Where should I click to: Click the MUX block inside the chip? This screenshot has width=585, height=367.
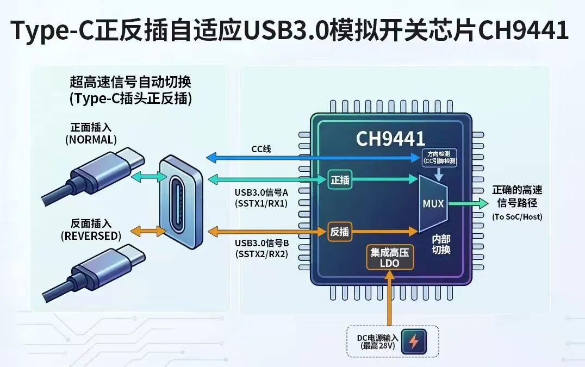433,204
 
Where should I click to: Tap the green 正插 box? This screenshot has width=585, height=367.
340,180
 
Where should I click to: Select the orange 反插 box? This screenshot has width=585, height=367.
340,232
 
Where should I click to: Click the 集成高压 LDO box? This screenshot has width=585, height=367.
390,257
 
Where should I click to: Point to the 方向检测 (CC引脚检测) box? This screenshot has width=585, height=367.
439,157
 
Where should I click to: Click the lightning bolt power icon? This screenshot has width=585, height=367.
414,341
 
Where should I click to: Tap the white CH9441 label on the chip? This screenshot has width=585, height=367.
390,139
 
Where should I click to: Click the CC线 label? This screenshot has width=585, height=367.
261,149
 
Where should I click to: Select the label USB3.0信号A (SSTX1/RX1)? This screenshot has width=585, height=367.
261,198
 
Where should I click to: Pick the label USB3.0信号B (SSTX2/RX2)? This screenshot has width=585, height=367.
262,249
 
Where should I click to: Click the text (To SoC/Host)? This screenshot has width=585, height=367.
517,217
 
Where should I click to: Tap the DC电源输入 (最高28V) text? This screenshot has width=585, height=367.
377,341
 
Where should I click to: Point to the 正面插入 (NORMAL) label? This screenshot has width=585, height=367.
91,134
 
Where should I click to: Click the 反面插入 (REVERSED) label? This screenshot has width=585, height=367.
91,230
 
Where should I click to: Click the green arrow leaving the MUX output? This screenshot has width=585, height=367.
468,204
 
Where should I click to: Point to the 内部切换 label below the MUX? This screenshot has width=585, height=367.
441,244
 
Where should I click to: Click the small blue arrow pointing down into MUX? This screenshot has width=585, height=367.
439,174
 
